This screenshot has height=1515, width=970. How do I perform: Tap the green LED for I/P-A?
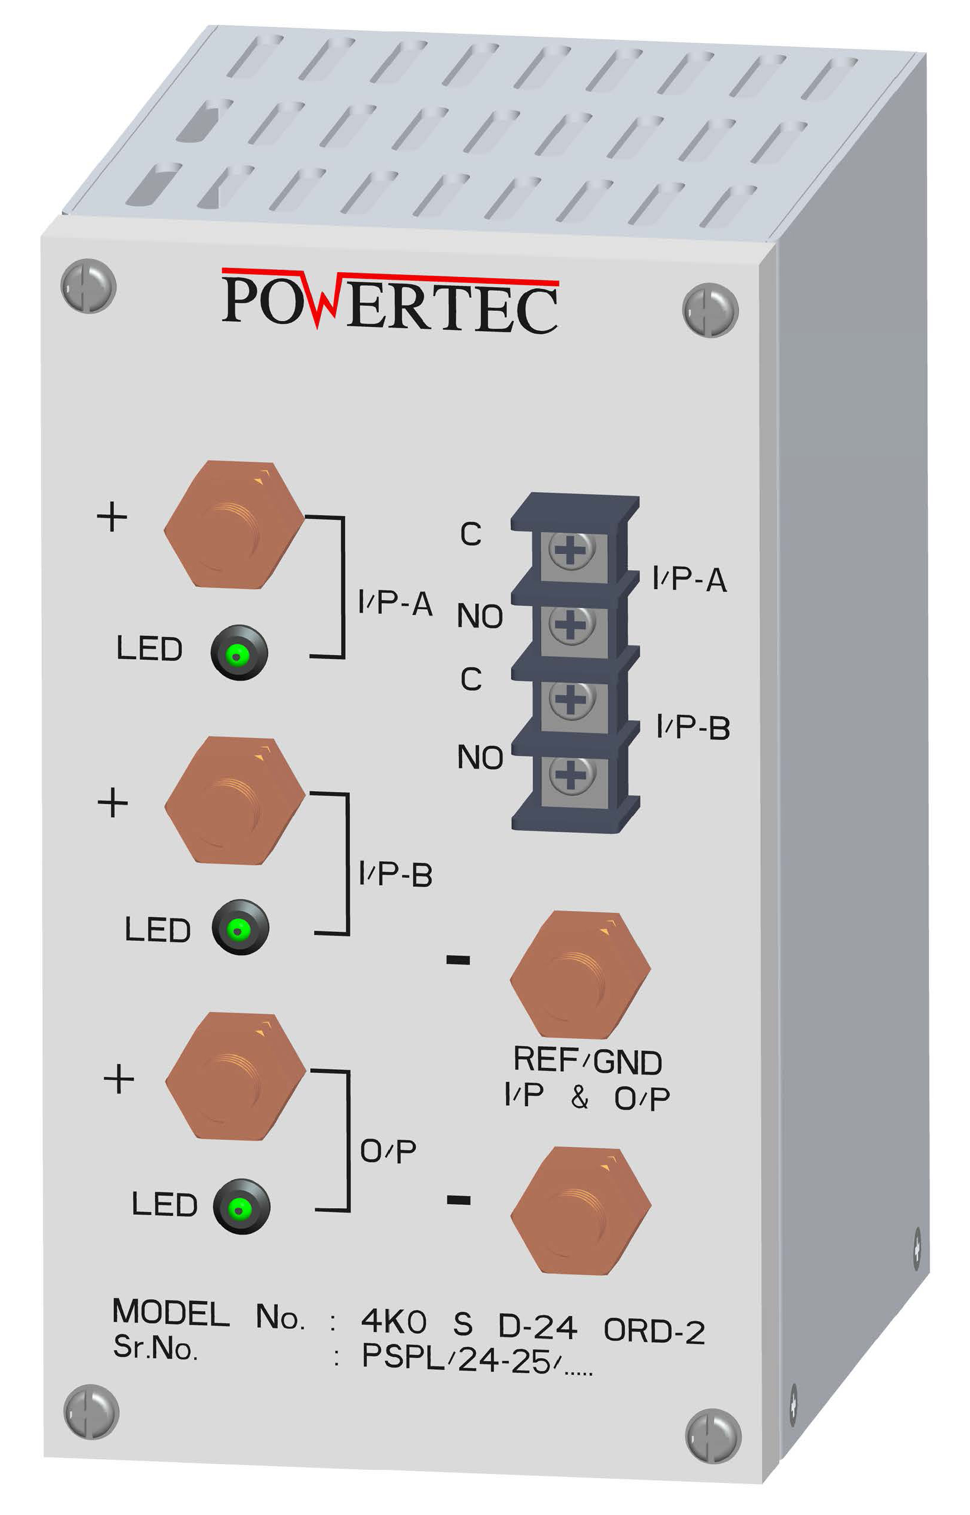coord(239,652)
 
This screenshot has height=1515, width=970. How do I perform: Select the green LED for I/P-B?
coord(240,927)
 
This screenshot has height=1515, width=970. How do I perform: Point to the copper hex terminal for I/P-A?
coord(233,525)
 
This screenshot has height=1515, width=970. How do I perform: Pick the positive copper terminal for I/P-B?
coord(235,801)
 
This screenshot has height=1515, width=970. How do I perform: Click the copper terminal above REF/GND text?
coord(580,974)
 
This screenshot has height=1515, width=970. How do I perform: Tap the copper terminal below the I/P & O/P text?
coord(581,1211)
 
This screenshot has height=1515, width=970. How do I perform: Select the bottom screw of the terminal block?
coord(571,774)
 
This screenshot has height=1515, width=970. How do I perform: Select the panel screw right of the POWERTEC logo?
coord(710,310)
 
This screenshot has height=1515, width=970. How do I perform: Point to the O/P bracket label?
coord(388,1151)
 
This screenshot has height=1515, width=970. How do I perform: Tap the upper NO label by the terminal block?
coord(480,616)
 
